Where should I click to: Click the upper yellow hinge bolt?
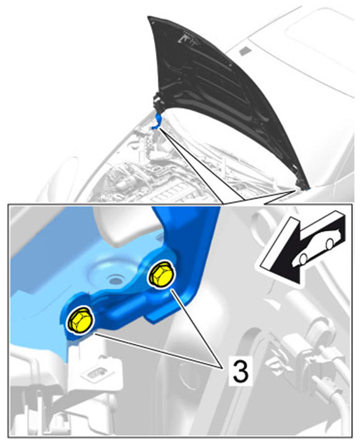coord(161,275)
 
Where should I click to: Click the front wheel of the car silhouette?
coord(303,259)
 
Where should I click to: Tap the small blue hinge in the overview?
coord(158,121)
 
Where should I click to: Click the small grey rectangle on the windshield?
coord(245,51)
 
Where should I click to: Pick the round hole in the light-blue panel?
coord(115,281)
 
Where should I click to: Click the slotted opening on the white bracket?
coord(94,374)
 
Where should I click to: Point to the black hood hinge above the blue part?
coord(156,102)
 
